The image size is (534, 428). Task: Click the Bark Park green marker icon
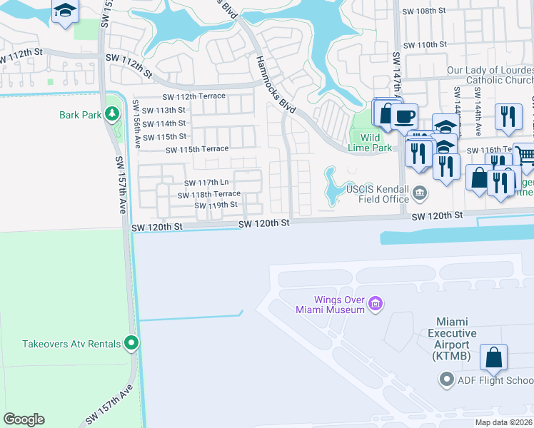point(111,113)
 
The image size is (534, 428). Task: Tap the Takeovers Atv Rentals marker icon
point(131,344)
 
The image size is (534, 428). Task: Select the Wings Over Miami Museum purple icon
point(376,305)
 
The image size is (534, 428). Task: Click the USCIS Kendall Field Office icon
point(419,192)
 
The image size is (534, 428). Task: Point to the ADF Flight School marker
point(447,379)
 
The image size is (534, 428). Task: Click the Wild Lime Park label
point(371,142)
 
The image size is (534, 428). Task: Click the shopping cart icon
point(525,156)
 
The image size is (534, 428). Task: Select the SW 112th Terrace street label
point(194,96)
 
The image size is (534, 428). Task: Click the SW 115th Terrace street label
point(197,149)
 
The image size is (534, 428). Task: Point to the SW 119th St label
point(216,205)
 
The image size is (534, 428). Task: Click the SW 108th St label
point(425,11)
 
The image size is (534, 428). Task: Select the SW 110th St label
point(425,44)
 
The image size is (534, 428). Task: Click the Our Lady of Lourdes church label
point(490,76)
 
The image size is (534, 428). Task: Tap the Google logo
point(24,419)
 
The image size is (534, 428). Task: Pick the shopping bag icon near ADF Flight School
point(493,357)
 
